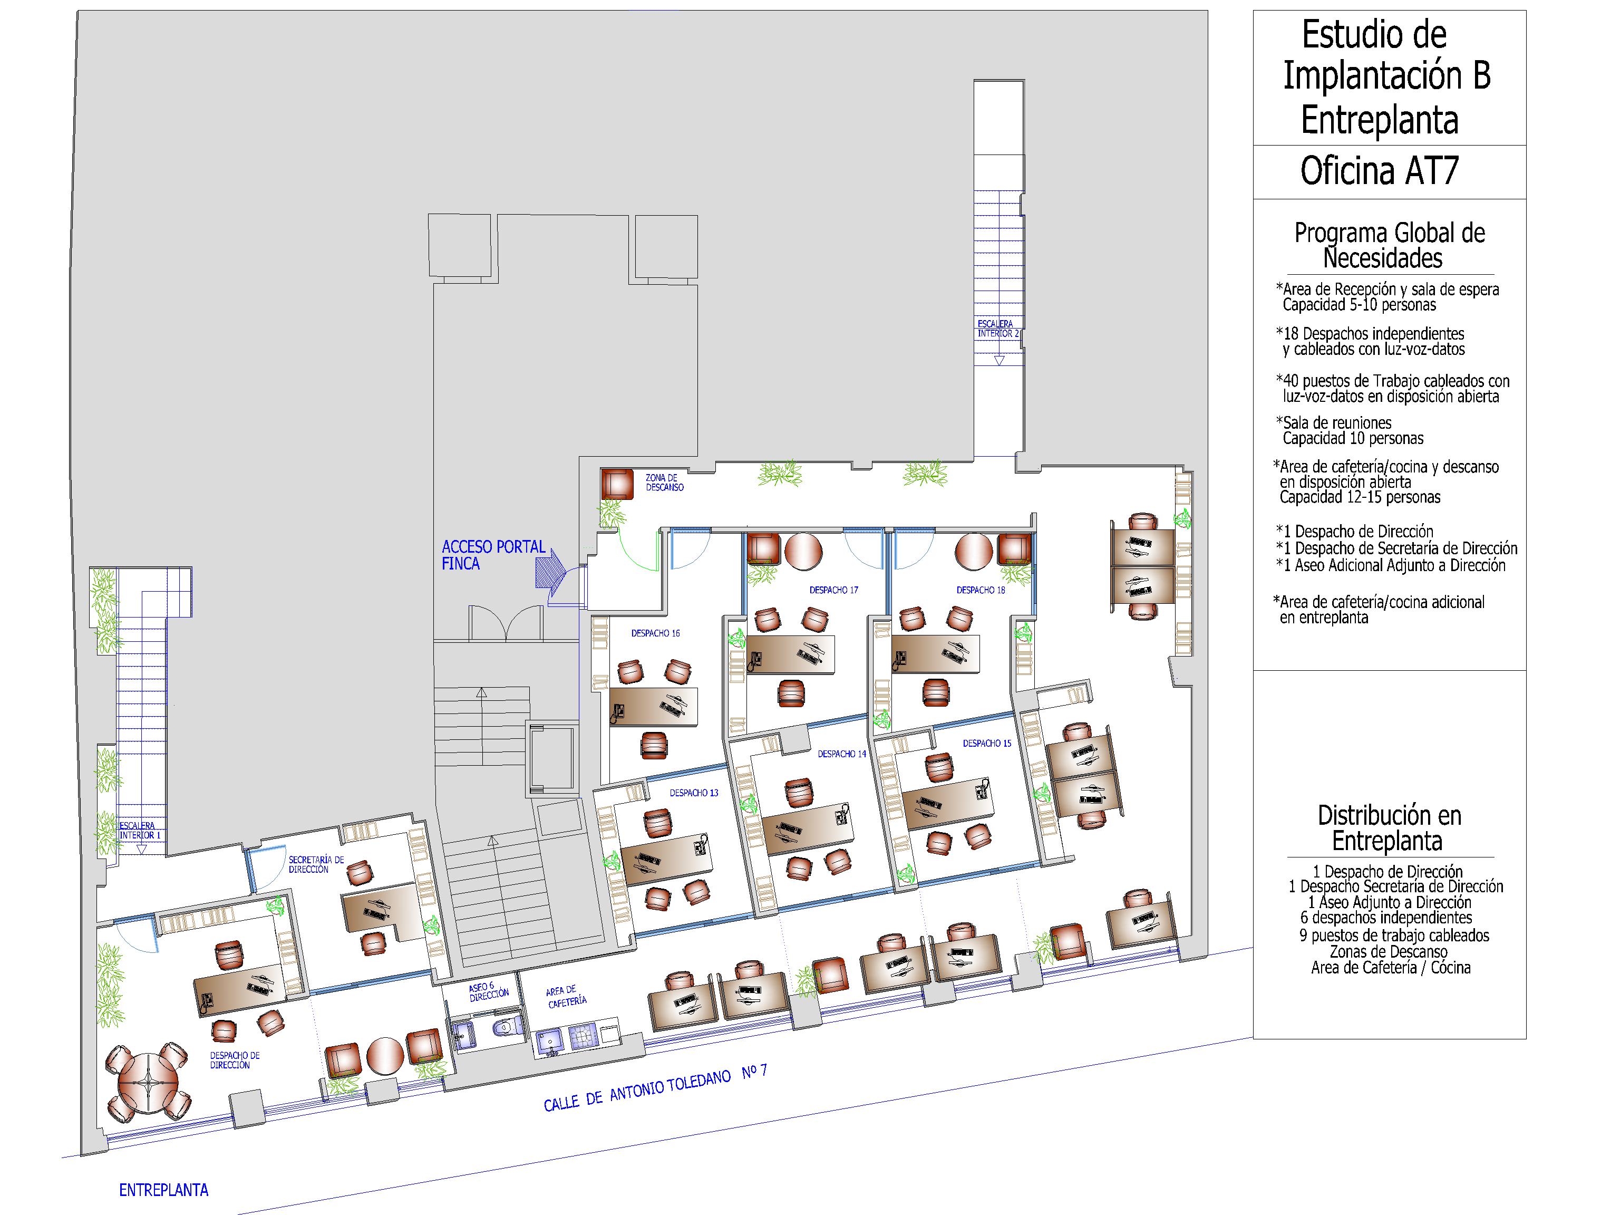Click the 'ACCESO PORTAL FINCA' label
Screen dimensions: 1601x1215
click(493, 555)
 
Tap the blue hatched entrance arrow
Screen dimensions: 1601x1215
click(550, 568)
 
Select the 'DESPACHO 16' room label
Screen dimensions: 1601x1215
click(655, 633)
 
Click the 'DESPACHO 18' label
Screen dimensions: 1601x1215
click(981, 590)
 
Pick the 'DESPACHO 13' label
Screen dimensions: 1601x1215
click(693, 793)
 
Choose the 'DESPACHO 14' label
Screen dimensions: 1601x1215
click(842, 754)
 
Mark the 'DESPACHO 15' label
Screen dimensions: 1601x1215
click(986, 743)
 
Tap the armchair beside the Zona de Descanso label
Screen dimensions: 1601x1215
click(617, 484)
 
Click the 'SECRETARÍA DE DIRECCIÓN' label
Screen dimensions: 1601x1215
click(316, 864)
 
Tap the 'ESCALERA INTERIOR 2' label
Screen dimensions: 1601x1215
click(997, 328)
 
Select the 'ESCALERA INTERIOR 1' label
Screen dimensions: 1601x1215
click(140, 831)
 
